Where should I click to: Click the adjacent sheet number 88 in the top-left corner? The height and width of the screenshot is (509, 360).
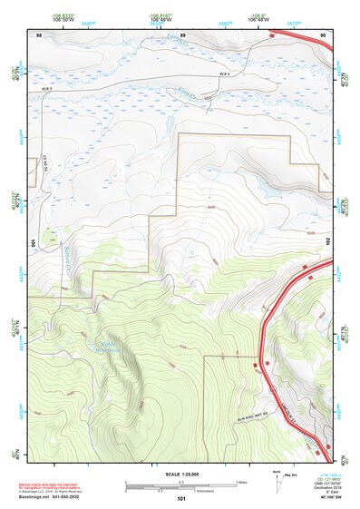(39, 34)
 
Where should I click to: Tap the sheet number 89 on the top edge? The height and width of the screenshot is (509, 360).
(182, 34)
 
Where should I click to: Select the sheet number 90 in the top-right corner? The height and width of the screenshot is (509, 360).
(324, 34)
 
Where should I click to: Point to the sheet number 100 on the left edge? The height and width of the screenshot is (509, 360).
(33, 243)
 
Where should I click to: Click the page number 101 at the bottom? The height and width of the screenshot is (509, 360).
(181, 498)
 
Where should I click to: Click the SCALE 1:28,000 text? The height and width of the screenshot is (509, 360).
(181, 473)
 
